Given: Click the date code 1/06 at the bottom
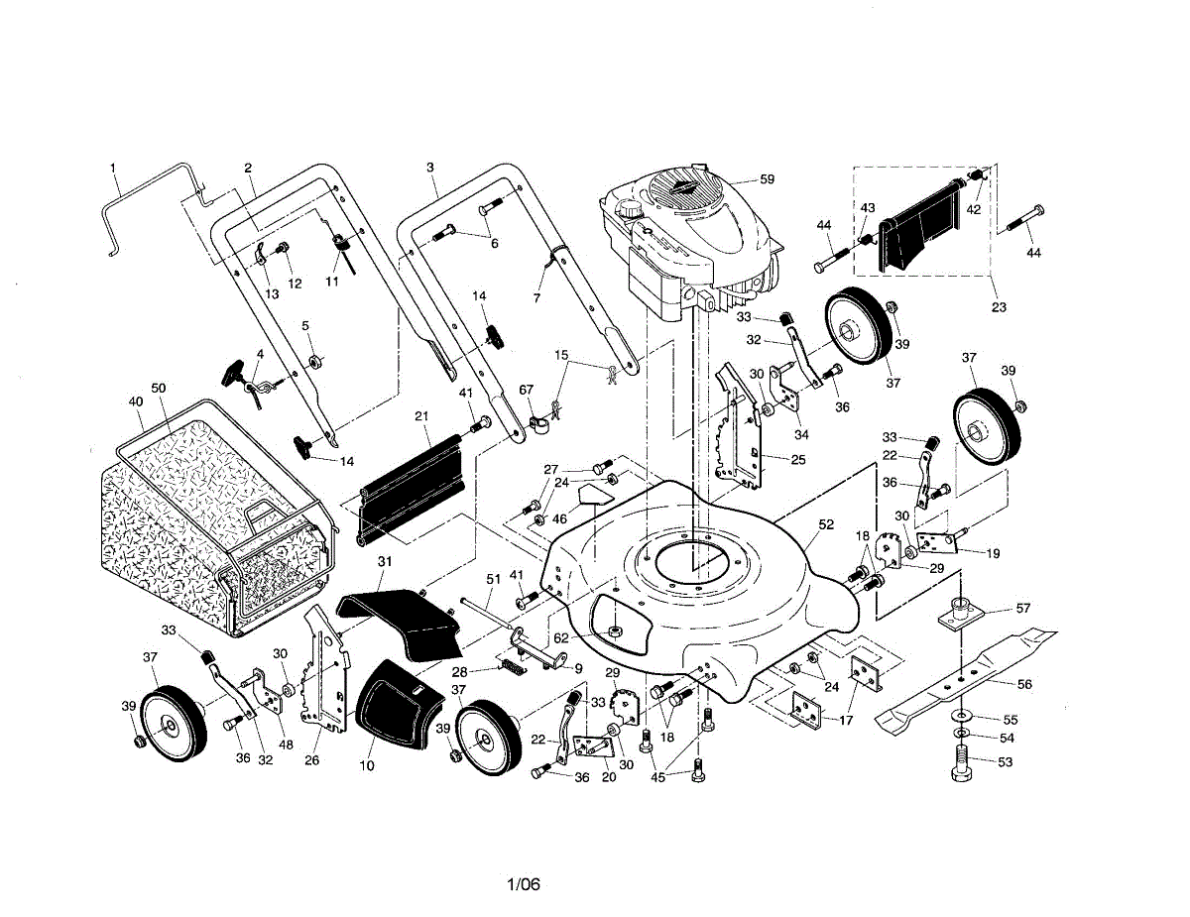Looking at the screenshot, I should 523,884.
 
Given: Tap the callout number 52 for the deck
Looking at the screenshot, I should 826,524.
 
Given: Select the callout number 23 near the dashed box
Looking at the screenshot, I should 998,307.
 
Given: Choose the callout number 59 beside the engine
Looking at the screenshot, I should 766,179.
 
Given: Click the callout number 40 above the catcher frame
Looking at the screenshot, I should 136,401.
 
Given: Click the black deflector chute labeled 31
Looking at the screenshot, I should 402,620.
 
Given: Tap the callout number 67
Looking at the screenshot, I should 526,390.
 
